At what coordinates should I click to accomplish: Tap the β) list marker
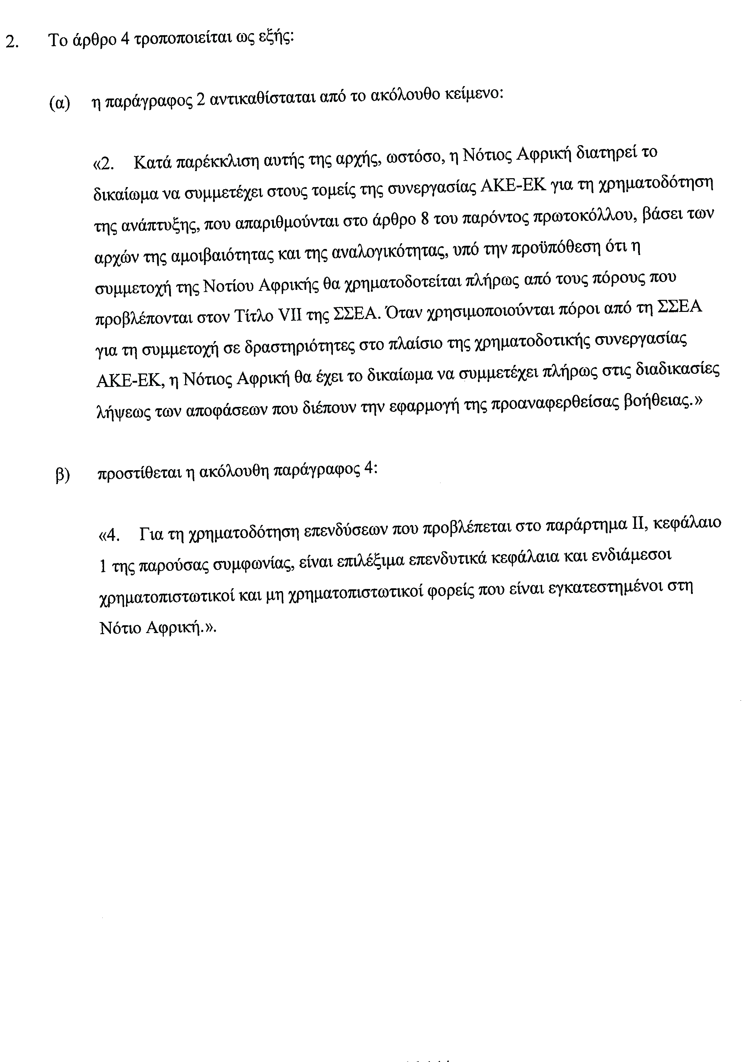pos(63,474)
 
